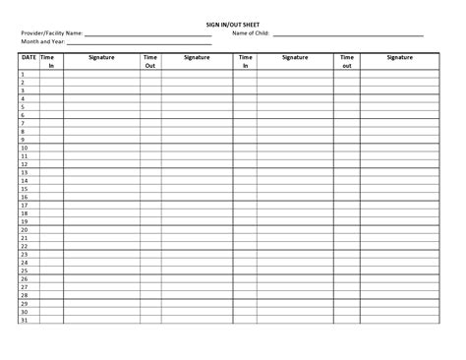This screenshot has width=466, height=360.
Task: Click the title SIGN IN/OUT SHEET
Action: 233,24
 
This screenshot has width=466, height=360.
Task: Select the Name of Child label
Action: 251,32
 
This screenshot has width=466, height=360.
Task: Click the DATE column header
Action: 29,58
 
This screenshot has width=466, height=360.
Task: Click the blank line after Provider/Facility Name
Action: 148,34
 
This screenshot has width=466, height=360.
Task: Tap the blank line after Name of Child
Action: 348,34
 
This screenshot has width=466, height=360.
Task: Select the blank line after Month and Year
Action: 139,43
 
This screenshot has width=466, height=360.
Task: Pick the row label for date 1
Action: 23,75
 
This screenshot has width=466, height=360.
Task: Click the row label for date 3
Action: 23,90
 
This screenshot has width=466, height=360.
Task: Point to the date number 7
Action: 23,123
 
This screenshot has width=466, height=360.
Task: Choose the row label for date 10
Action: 24,148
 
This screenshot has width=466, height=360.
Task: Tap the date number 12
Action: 24,164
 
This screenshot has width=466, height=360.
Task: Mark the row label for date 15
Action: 24,189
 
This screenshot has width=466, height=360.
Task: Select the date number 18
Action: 24,213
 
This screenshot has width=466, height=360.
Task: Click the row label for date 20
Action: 24,230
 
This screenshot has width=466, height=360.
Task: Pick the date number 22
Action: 24,246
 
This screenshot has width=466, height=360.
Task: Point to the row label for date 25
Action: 24,270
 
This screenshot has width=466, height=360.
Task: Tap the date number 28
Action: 24,295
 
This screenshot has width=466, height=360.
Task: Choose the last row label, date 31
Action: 24,320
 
